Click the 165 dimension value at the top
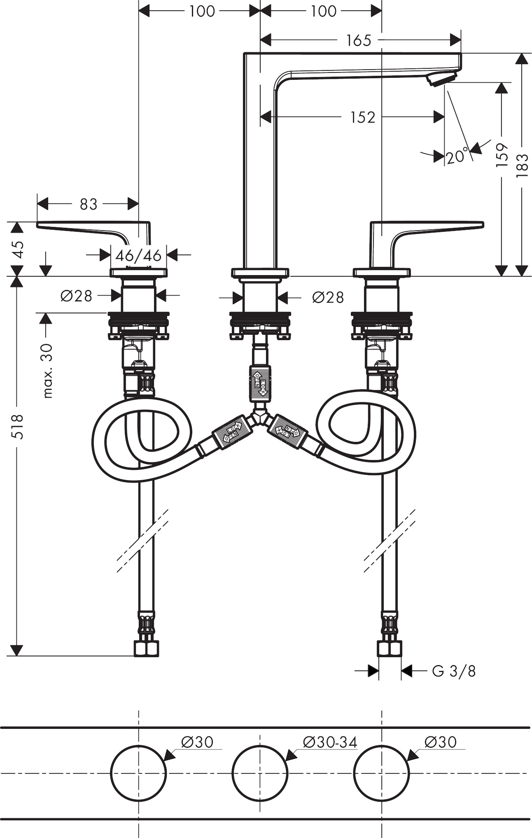point(359,40)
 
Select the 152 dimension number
point(363,117)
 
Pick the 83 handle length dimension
point(88,204)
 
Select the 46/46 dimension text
point(138,256)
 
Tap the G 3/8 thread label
point(454,671)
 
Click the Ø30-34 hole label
point(330,742)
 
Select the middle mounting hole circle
point(260,773)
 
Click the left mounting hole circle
point(139,773)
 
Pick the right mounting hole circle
point(382,773)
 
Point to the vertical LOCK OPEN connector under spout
point(260,383)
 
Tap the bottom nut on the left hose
point(146,649)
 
